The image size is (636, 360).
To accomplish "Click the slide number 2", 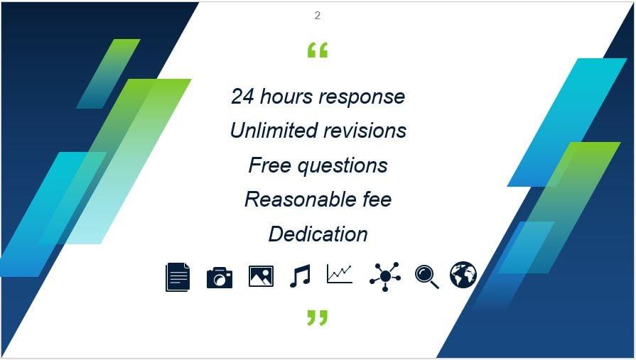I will click(317, 16).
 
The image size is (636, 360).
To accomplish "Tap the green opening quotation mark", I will click(318, 50).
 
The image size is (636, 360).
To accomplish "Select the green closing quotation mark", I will click(318, 317).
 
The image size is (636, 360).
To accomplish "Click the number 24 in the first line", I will click(243, 97).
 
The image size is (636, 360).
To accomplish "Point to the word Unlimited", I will click(274, 131).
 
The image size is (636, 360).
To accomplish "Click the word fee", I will click(375, 200).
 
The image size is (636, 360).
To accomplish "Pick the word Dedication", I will click(318, 234).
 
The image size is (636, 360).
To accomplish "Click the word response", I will click(361, 97).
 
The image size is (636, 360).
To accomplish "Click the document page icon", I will click(178, 276).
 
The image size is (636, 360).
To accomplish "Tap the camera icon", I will click(220, 277).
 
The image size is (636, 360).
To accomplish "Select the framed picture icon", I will click(261, 276).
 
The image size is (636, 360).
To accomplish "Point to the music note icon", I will click(300, 276).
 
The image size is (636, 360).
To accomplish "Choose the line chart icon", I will click(340, 274).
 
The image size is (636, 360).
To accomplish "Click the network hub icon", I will click(384, 276).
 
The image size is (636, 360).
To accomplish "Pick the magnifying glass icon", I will click(426, 276).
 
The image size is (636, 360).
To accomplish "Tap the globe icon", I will click(463, 275).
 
